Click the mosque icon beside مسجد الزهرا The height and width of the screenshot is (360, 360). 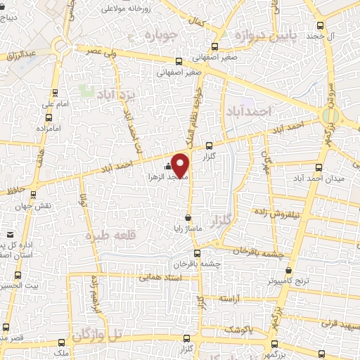pos(167,167)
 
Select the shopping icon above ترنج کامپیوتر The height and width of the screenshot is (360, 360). pos(289,270)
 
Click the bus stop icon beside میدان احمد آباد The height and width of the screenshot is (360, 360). pos(320,167)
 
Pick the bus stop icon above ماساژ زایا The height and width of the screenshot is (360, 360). pos(188,217)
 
